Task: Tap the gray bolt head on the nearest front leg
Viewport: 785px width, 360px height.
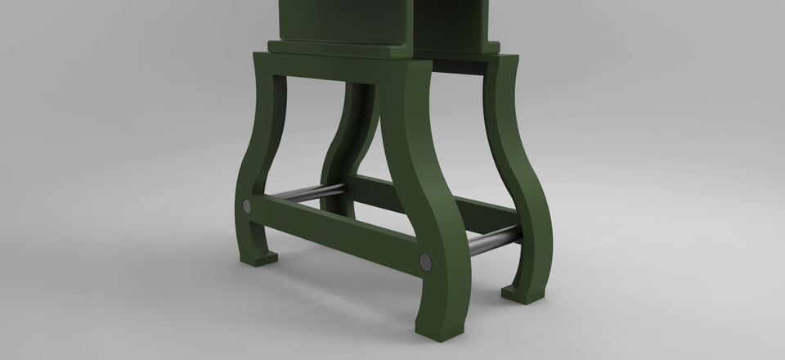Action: [x=425, y=262]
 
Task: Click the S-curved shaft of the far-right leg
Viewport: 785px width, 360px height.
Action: [x=523, y=164]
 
